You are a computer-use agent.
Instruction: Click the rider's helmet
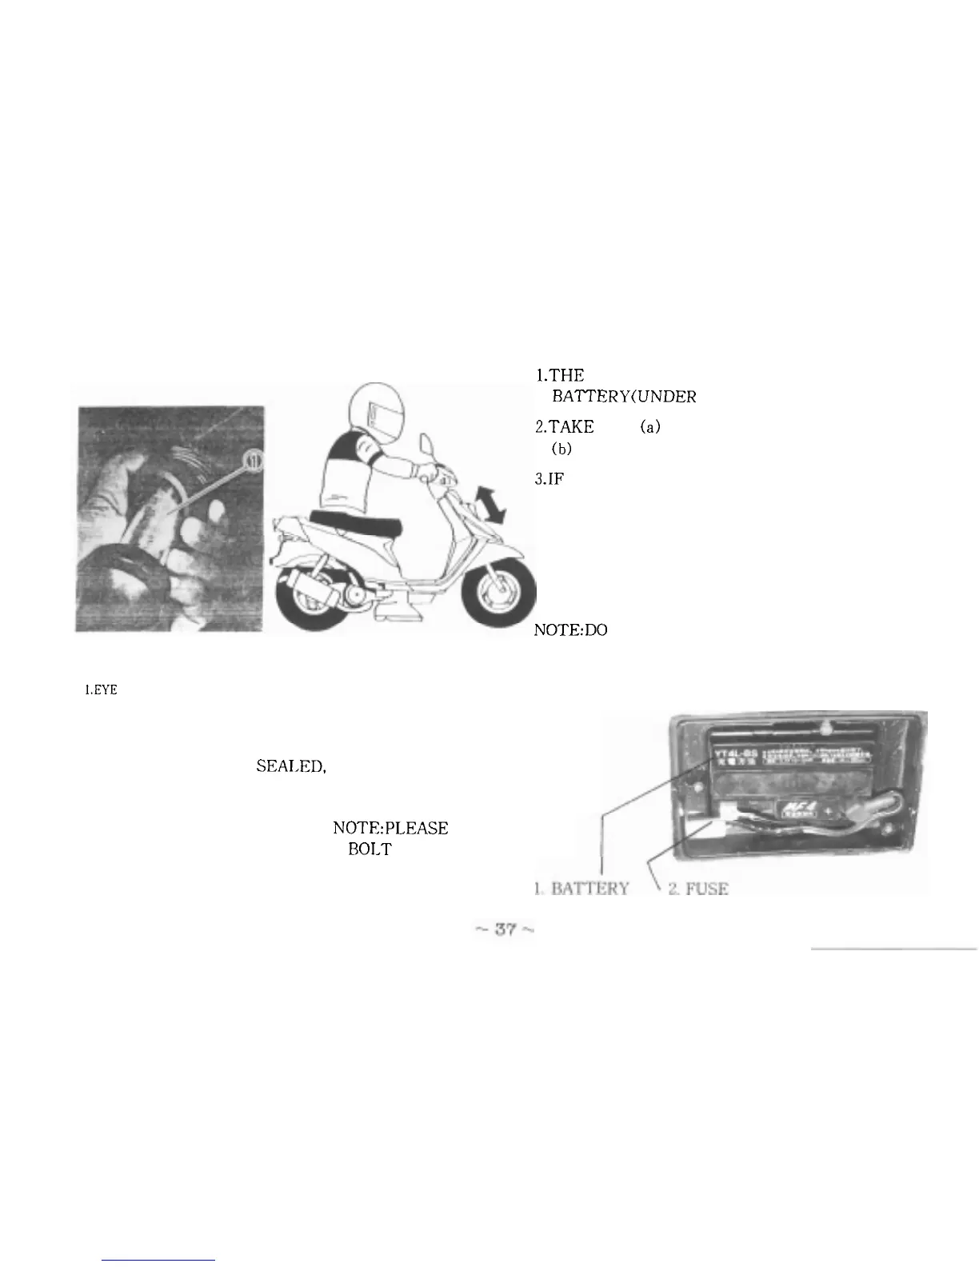[370, 414]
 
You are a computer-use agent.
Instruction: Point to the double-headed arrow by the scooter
[488, 507]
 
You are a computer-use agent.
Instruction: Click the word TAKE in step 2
[564, 428]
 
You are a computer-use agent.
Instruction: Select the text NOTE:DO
[571, 630]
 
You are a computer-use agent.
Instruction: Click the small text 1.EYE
[101, 690]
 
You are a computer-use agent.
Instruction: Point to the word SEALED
[290, 766]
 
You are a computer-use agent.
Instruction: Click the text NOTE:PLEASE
[390, 828]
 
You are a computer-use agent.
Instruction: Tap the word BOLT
[370, 849]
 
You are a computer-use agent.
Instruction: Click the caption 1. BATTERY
[581, 889]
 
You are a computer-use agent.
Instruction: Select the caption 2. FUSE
[698, 889]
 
